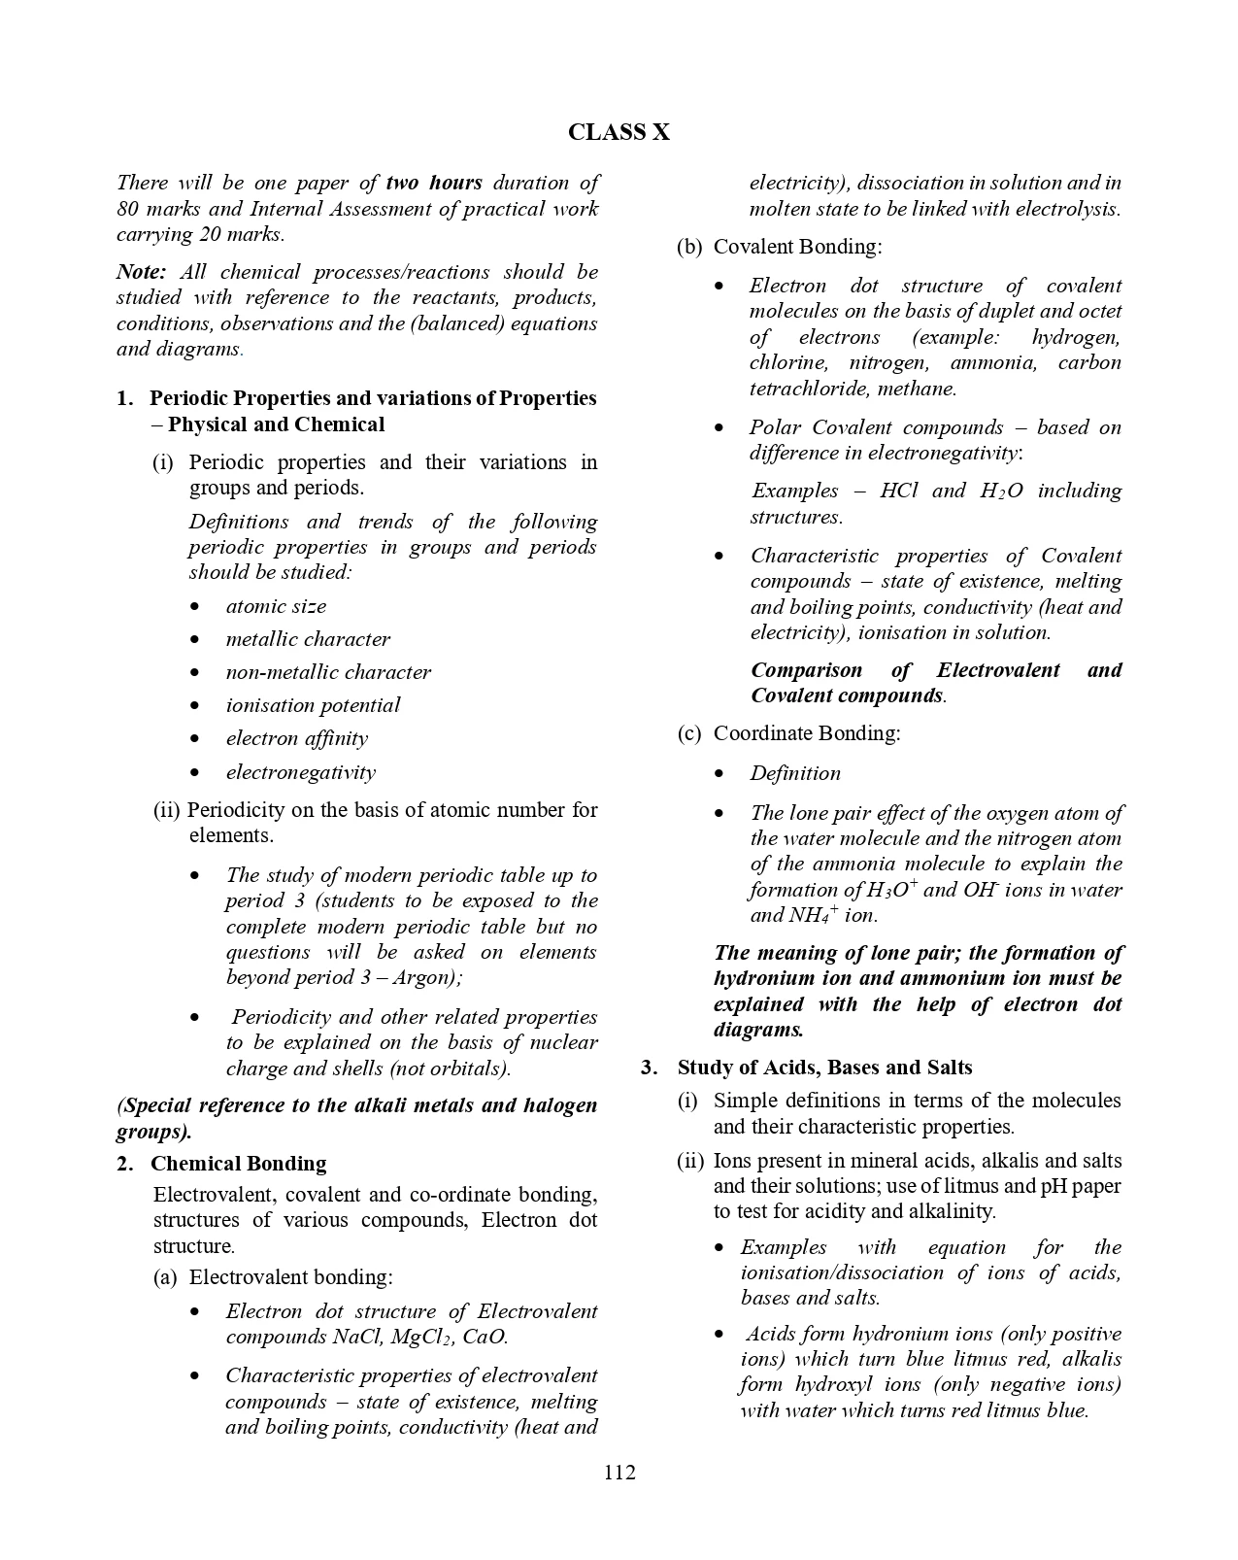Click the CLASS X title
pyautogui.click(x=619, y=132)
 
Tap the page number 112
pyautogui.click(x=619, y=1473)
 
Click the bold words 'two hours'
pyautogui.click(x=433, y=183)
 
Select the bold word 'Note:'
pyautogui.click(x=142, y=272)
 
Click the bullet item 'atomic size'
pyautogui.click(x=276, y=606)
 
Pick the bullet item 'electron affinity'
pyautogui.click(x=296, y=738)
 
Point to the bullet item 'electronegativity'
pyautogui.click(x=300, y=772)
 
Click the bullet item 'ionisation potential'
pyautogui.click(x=313, y=705)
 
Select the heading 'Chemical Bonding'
pyautogui.click(x=239, y=1164)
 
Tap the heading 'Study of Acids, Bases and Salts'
pyautogui.click(x=824, y=1068)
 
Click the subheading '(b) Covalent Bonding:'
pyautogui.click(x=780, y=247)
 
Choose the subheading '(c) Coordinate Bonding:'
pyautogui.click(x=788, y=733)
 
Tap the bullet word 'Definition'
pyautogui.click(x=795, y=773)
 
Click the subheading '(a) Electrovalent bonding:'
pyautogui.click(x=273, y=1277)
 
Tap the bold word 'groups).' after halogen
pyautogui.click(x=153, y=1132)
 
